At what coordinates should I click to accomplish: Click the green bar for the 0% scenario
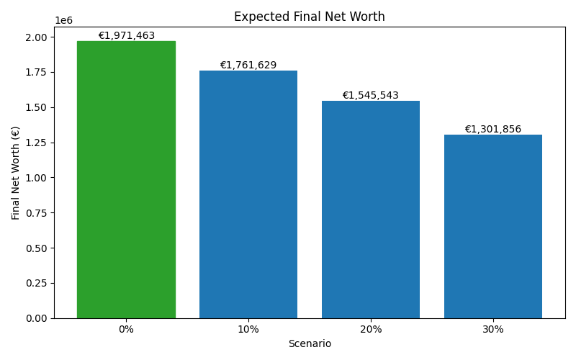pos(126,180)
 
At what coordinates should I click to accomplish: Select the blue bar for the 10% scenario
pos(248,194)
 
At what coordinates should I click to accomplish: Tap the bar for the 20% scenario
pos(371,210)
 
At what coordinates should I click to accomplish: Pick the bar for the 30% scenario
pos(493,227)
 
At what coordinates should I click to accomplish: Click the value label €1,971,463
pos(126,36)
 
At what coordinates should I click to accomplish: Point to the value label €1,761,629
pos(248,66)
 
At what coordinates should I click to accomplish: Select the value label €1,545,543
pos(371,96)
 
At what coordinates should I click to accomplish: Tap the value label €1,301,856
pos(493,130)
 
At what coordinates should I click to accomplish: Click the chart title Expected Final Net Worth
pos(310,17)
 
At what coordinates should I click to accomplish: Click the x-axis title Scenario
pos(310,344)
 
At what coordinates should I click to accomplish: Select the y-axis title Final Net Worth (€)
pos(16,173)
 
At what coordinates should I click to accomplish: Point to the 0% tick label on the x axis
pos(126,329)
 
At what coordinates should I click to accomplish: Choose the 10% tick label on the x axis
pos(248,329)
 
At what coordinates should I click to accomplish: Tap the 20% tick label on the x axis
pos(371,329)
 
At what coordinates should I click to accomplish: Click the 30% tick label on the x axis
pos(493,329)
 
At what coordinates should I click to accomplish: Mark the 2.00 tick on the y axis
pos(37,37)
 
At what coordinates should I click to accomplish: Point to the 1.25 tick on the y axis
pos(37,143)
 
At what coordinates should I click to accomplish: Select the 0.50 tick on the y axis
pos(37,248)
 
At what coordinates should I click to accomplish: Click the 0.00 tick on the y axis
pos(37,318)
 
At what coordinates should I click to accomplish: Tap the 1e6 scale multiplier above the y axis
pos(63,21)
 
